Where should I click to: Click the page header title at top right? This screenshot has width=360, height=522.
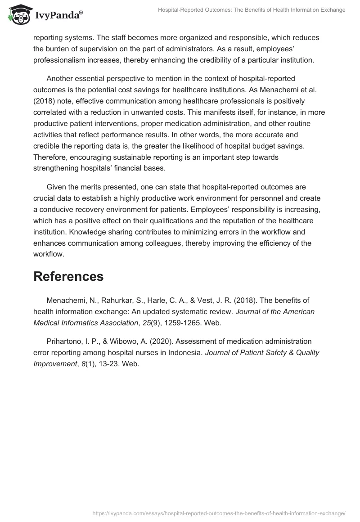click(x=252, y=10)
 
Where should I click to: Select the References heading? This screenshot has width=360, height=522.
click(x=68, y=276)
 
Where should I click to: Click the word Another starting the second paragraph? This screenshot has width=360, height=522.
click(x=61, y=79)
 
